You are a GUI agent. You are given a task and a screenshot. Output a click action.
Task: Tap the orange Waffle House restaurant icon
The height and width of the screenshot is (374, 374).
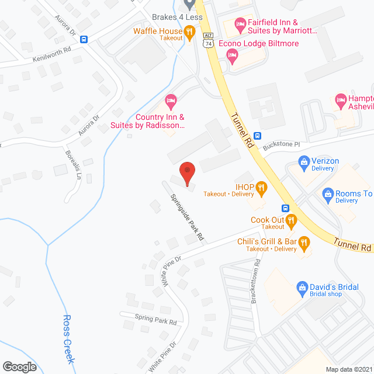coord(189,31)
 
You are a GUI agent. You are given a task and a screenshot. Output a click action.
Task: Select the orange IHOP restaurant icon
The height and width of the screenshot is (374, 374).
coord(261,187)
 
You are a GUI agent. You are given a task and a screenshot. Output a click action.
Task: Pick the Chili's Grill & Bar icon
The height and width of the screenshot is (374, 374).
coord(304,241)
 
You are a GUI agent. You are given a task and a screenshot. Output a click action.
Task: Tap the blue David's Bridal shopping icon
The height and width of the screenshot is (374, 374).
coord(302,288)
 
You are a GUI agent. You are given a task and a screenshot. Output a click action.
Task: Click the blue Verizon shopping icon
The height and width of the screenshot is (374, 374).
coord(303,161)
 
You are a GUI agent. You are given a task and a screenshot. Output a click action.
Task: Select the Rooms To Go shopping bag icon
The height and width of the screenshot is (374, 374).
coord(328,193)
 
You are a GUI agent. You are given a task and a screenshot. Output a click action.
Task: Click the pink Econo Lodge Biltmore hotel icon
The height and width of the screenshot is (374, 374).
coord(232,56)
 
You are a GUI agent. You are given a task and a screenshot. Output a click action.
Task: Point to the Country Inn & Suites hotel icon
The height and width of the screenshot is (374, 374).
coord(171,101)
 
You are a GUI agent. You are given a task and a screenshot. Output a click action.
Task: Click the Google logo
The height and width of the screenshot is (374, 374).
coord(19,367)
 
